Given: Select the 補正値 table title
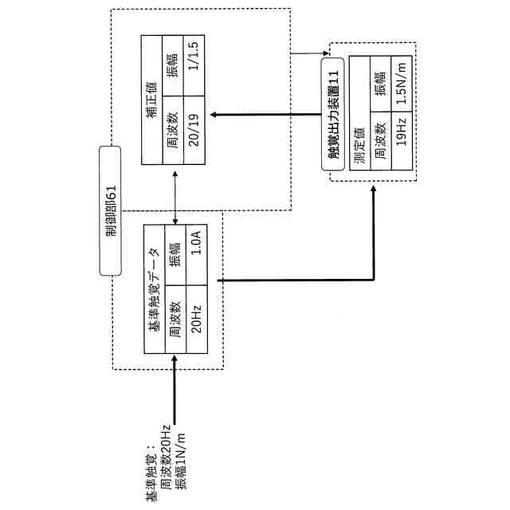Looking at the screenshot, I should pos(151,100).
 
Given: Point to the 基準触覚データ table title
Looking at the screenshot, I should pos(154,289).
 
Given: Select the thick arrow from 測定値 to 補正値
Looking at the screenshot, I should pos(271,113).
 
